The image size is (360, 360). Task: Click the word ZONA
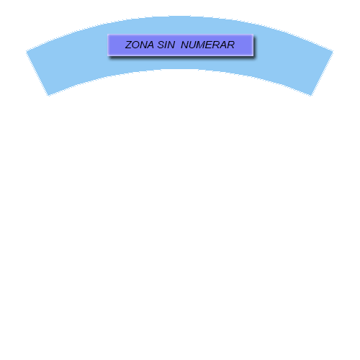click(140, 45)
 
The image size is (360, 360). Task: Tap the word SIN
click(166, 45)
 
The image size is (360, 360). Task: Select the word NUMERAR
click(207, 45)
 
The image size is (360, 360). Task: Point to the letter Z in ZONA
click(129, 45)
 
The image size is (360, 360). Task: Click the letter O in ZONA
click(137, 45)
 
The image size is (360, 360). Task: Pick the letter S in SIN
click(161, 45)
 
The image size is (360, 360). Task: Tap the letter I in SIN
click(166, 45)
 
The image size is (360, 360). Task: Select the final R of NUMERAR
click(231, 45)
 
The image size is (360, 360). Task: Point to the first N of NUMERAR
click(184, 45)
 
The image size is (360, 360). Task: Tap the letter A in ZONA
click(150, 45)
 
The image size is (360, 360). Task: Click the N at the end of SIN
click(171, 45)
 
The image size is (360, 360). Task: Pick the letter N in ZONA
click(143, 45)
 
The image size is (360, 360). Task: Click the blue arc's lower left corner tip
click(49, 96)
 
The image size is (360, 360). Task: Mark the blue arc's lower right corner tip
click(311, 96)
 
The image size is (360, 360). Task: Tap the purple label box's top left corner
click(107, 35)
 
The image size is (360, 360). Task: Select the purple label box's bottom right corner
click(253, 56)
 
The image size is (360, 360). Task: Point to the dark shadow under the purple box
click(182, 58)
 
